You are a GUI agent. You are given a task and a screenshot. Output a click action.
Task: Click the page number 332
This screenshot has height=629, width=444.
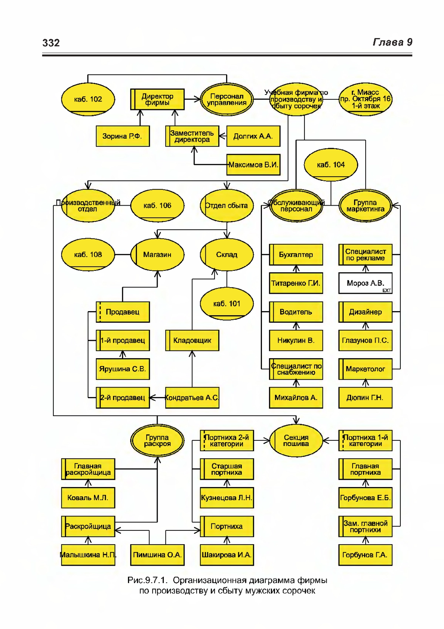coord(51,43)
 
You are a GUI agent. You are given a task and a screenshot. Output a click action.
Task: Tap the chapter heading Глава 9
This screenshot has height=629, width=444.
coord(393,42)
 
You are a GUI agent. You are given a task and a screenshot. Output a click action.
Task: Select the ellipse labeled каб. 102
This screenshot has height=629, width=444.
coord(88,99)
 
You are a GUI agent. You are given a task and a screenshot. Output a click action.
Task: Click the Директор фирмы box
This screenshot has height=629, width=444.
coord(157,99)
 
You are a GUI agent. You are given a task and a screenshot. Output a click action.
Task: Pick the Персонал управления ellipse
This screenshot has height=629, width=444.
coord(227,99)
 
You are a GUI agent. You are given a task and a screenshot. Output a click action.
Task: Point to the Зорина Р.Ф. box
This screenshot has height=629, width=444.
coord(122,136)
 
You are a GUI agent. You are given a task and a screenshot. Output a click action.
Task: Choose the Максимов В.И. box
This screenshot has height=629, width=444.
coord(253,164)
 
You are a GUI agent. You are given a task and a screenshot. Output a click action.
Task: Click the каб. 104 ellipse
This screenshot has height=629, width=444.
coord(331,165)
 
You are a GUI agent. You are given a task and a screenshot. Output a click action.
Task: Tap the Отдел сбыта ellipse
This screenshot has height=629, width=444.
coord(227,206)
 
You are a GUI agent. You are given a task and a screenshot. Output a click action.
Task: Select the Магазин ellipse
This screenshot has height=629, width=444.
coord(157,255)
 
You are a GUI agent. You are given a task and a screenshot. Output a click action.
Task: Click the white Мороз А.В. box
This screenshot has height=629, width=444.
coord(366,283)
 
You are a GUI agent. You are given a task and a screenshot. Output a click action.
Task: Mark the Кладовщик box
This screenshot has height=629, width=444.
coord(192,340)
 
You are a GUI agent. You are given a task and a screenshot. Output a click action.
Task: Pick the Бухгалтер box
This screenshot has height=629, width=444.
coord(296,255)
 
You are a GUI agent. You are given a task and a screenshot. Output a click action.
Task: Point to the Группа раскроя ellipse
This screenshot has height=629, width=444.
coord(157,440)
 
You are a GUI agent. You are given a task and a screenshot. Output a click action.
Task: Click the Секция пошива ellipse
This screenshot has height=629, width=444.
coord(296,440)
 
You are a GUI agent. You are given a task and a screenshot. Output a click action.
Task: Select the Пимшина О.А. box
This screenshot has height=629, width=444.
coord(157,555)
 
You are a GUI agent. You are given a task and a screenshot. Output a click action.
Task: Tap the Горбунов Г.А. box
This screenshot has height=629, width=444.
coord(366,555)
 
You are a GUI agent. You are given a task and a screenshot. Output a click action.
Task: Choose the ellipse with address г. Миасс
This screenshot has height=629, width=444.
coord(366,99)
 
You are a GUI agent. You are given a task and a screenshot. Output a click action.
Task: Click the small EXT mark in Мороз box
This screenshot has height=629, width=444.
coord(387,290)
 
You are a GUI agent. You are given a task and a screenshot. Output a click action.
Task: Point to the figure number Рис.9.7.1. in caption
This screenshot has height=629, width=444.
coord(147,580)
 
